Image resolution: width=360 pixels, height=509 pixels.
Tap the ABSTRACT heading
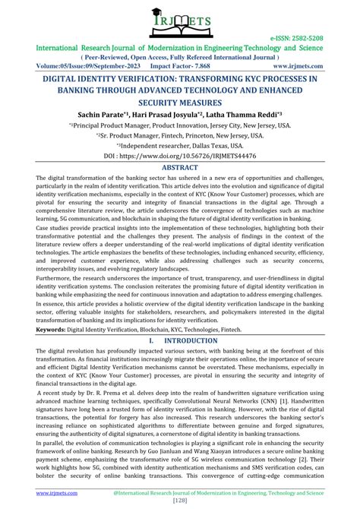(180, 167)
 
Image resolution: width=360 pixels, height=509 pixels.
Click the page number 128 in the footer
(180, 503)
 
